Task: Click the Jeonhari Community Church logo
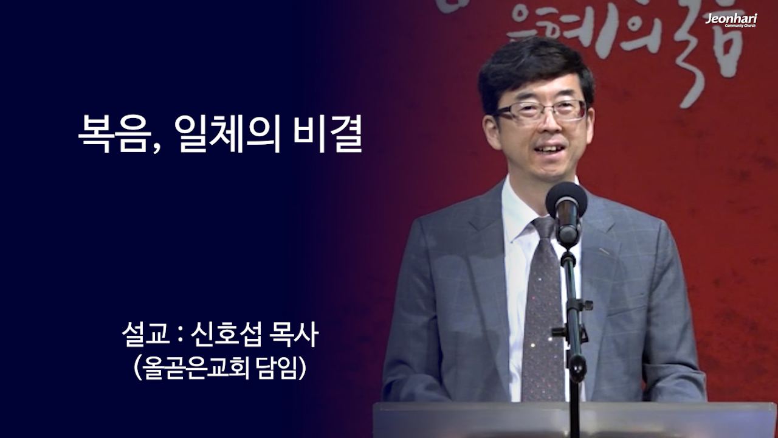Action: click(x=731, y=20)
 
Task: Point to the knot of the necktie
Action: click(x=543, y=228)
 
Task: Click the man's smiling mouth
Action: click(x=551, y=149)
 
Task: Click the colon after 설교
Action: click(x=178, y=336)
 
